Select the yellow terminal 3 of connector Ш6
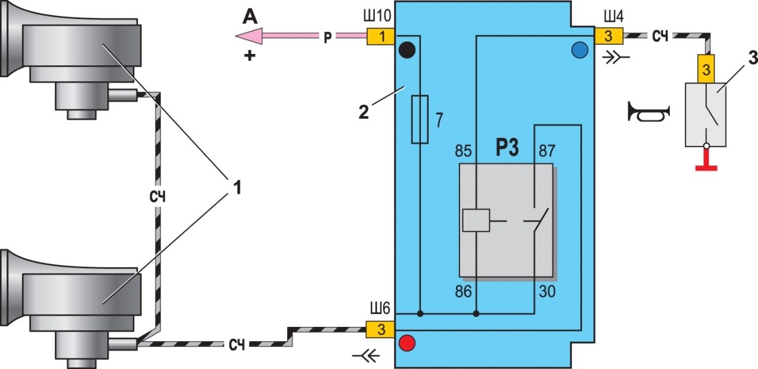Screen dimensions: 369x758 [381, 330]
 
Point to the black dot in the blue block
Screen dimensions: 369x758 [407, 49]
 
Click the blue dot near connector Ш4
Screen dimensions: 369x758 [579, 49]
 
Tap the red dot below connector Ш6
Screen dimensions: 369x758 [407, 343]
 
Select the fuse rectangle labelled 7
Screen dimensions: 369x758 [419, 119]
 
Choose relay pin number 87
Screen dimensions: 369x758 [548, 151]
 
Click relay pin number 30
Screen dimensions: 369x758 [547, 291]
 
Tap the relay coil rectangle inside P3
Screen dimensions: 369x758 [476, 220]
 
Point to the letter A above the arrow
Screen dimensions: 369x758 [249, 17]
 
